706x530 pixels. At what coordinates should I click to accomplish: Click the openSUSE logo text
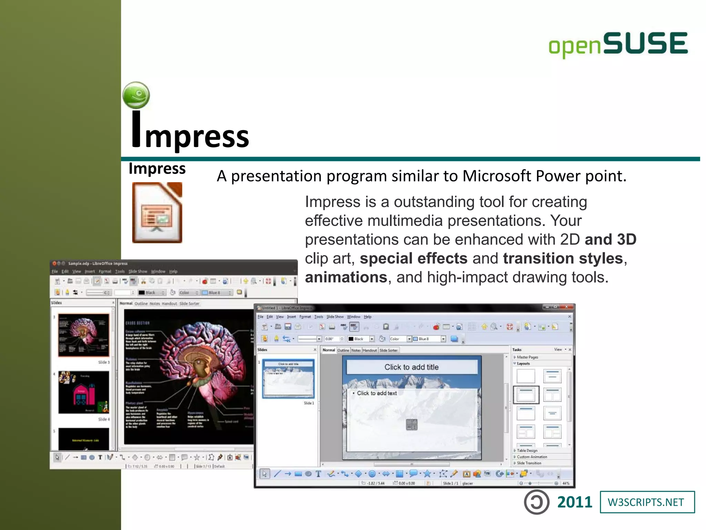618,44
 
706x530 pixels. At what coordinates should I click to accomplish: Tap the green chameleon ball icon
136,95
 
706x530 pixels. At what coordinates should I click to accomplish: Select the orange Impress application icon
157,213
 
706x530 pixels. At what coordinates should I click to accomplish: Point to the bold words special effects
414,258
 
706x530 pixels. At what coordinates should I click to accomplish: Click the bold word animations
346,277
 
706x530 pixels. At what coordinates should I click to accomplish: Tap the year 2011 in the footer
574,502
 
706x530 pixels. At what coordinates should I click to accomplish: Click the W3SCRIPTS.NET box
647,502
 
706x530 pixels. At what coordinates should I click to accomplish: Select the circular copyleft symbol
536,502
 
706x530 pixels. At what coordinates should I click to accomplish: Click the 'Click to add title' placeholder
412,367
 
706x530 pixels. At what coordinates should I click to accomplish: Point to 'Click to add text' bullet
376,393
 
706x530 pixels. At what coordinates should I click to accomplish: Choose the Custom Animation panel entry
532,457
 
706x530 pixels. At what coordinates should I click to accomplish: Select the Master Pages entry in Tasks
527,357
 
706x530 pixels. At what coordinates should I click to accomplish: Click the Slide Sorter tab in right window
389,350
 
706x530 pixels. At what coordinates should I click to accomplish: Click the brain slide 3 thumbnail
84,335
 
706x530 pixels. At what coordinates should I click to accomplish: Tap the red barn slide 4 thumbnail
84,392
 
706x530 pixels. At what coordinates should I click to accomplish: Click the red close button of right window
566,307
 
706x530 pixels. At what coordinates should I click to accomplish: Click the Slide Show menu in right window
335,317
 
